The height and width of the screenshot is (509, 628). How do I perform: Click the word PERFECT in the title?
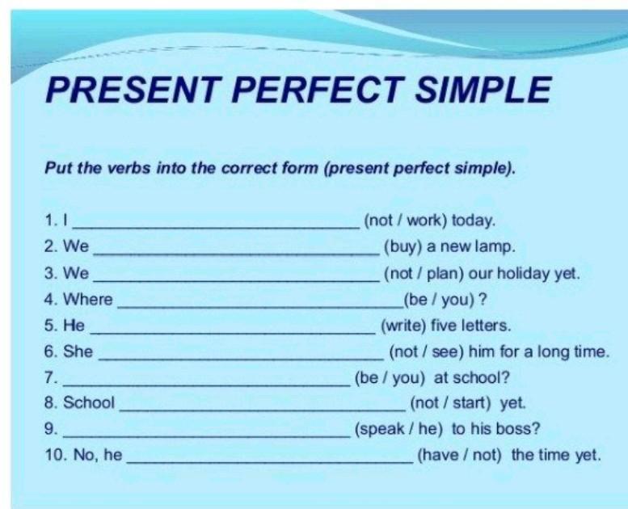pos(317,89)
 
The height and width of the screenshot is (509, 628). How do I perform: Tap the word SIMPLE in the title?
pos(483,89)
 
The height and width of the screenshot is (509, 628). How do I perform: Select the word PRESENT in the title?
pos(133,89)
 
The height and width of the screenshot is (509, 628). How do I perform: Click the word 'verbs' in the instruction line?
pos(129,168)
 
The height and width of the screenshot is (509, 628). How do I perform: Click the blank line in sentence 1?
pos(217,228)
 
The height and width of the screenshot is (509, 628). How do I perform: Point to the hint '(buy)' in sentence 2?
pos(403,246)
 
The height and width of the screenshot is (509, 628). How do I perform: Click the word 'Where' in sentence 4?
pos(88,299)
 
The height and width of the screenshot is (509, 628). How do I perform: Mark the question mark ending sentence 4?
pos(483,299)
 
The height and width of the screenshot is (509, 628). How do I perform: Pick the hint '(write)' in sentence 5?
pos(403,326)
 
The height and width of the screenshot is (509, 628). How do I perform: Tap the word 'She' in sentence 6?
pos(78,351)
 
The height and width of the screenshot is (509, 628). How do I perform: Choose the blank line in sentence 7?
pos(207,385)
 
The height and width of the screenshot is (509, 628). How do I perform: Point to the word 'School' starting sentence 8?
pos(89,402)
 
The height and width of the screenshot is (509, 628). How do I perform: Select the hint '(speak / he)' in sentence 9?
pos(399,429)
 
